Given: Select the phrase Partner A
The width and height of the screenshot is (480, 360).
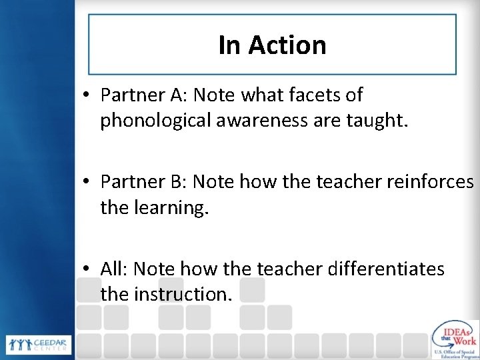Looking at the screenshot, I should (x=141, y=95).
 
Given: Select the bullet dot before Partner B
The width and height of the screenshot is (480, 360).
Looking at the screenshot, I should (x=88, y=181).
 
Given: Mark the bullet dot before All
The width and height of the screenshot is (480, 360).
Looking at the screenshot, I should (x=88, y=268).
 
